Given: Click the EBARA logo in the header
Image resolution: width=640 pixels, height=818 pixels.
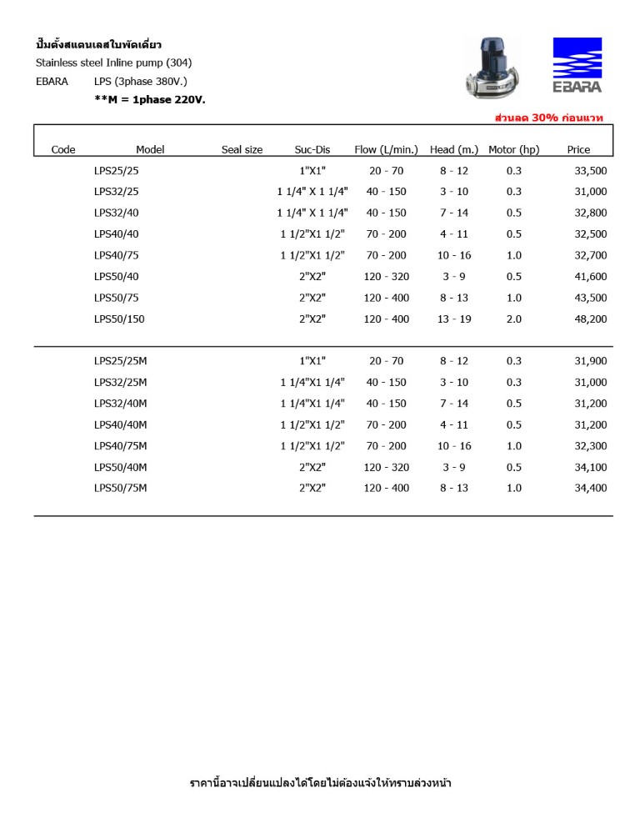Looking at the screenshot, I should coord(577,65).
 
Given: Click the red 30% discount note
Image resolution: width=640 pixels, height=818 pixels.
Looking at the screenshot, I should coord(548,118).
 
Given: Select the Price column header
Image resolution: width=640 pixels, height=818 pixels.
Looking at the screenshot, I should coord(578,150).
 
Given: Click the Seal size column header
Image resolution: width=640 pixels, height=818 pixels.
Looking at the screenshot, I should coord(242,150).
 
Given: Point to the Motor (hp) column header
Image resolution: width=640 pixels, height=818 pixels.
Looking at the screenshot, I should coord(513,150).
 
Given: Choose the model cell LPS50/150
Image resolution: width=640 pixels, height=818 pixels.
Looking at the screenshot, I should coord(119,319).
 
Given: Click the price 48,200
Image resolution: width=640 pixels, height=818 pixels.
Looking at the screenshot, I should coord(591,319).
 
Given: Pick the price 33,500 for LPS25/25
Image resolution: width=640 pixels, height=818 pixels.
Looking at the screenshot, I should coord(591,171).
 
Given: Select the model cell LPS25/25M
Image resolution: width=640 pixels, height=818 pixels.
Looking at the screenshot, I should coord(120,361).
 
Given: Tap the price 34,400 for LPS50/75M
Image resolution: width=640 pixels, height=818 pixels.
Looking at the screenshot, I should coord(591,489).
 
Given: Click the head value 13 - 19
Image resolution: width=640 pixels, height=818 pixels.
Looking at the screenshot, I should coord(454,319).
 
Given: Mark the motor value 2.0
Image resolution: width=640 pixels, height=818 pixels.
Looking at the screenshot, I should coord(514,319).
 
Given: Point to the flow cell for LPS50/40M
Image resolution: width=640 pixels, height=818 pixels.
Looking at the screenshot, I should coord(386,467).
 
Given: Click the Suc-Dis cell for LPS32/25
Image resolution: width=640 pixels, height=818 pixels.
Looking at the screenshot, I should coord(312,192).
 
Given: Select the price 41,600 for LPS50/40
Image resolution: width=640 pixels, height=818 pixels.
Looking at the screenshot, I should coord(591,277).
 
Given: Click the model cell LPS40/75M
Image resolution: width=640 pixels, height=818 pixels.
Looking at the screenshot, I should coord(120,446).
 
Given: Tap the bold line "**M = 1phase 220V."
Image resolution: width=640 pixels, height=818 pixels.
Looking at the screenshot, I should coord(150,100).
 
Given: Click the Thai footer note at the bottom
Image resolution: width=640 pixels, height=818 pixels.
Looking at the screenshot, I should coord(321,783).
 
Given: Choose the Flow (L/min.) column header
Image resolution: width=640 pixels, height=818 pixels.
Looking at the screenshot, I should coord(386,150).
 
